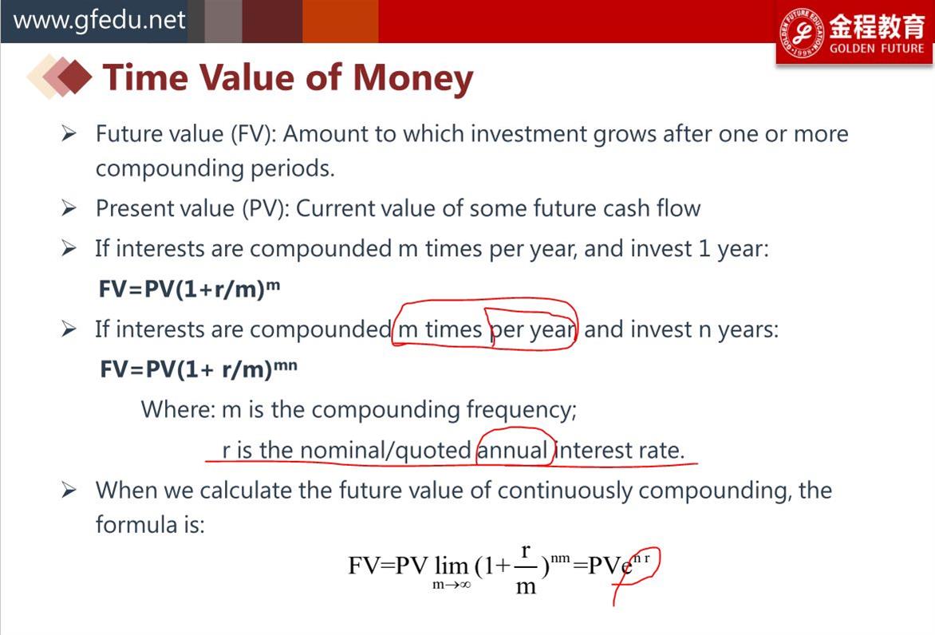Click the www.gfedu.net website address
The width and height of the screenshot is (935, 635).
click(x=99, y=20)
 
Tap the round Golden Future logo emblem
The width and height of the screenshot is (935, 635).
click(x=802, y=33)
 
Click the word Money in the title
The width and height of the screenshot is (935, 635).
click(x=412, y=79)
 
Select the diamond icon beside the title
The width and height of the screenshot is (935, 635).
click(x=60, y=77)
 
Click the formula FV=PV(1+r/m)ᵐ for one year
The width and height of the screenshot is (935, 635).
click(x=189, y=289)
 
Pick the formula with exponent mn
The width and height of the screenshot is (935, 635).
click(x=198, y=369)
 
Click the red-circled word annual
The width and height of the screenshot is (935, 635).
click(x=512, y=450)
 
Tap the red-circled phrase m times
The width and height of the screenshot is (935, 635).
click(x=440, y=329)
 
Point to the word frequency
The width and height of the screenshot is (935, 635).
click(x=521, y=410)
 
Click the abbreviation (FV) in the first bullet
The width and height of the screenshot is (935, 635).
click(x=254, y=134)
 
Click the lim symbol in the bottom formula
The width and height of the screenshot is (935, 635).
click(x=452, y=566)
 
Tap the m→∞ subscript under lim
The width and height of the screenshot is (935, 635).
click(x=452, y=585)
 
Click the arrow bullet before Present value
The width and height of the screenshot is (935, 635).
click(x=69, y=208)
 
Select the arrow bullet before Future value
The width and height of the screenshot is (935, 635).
click(x=69, y=133)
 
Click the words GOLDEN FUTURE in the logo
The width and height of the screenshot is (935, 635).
click(x=877, y=49)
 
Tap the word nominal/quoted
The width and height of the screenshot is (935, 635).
click(x=385, y=451)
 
